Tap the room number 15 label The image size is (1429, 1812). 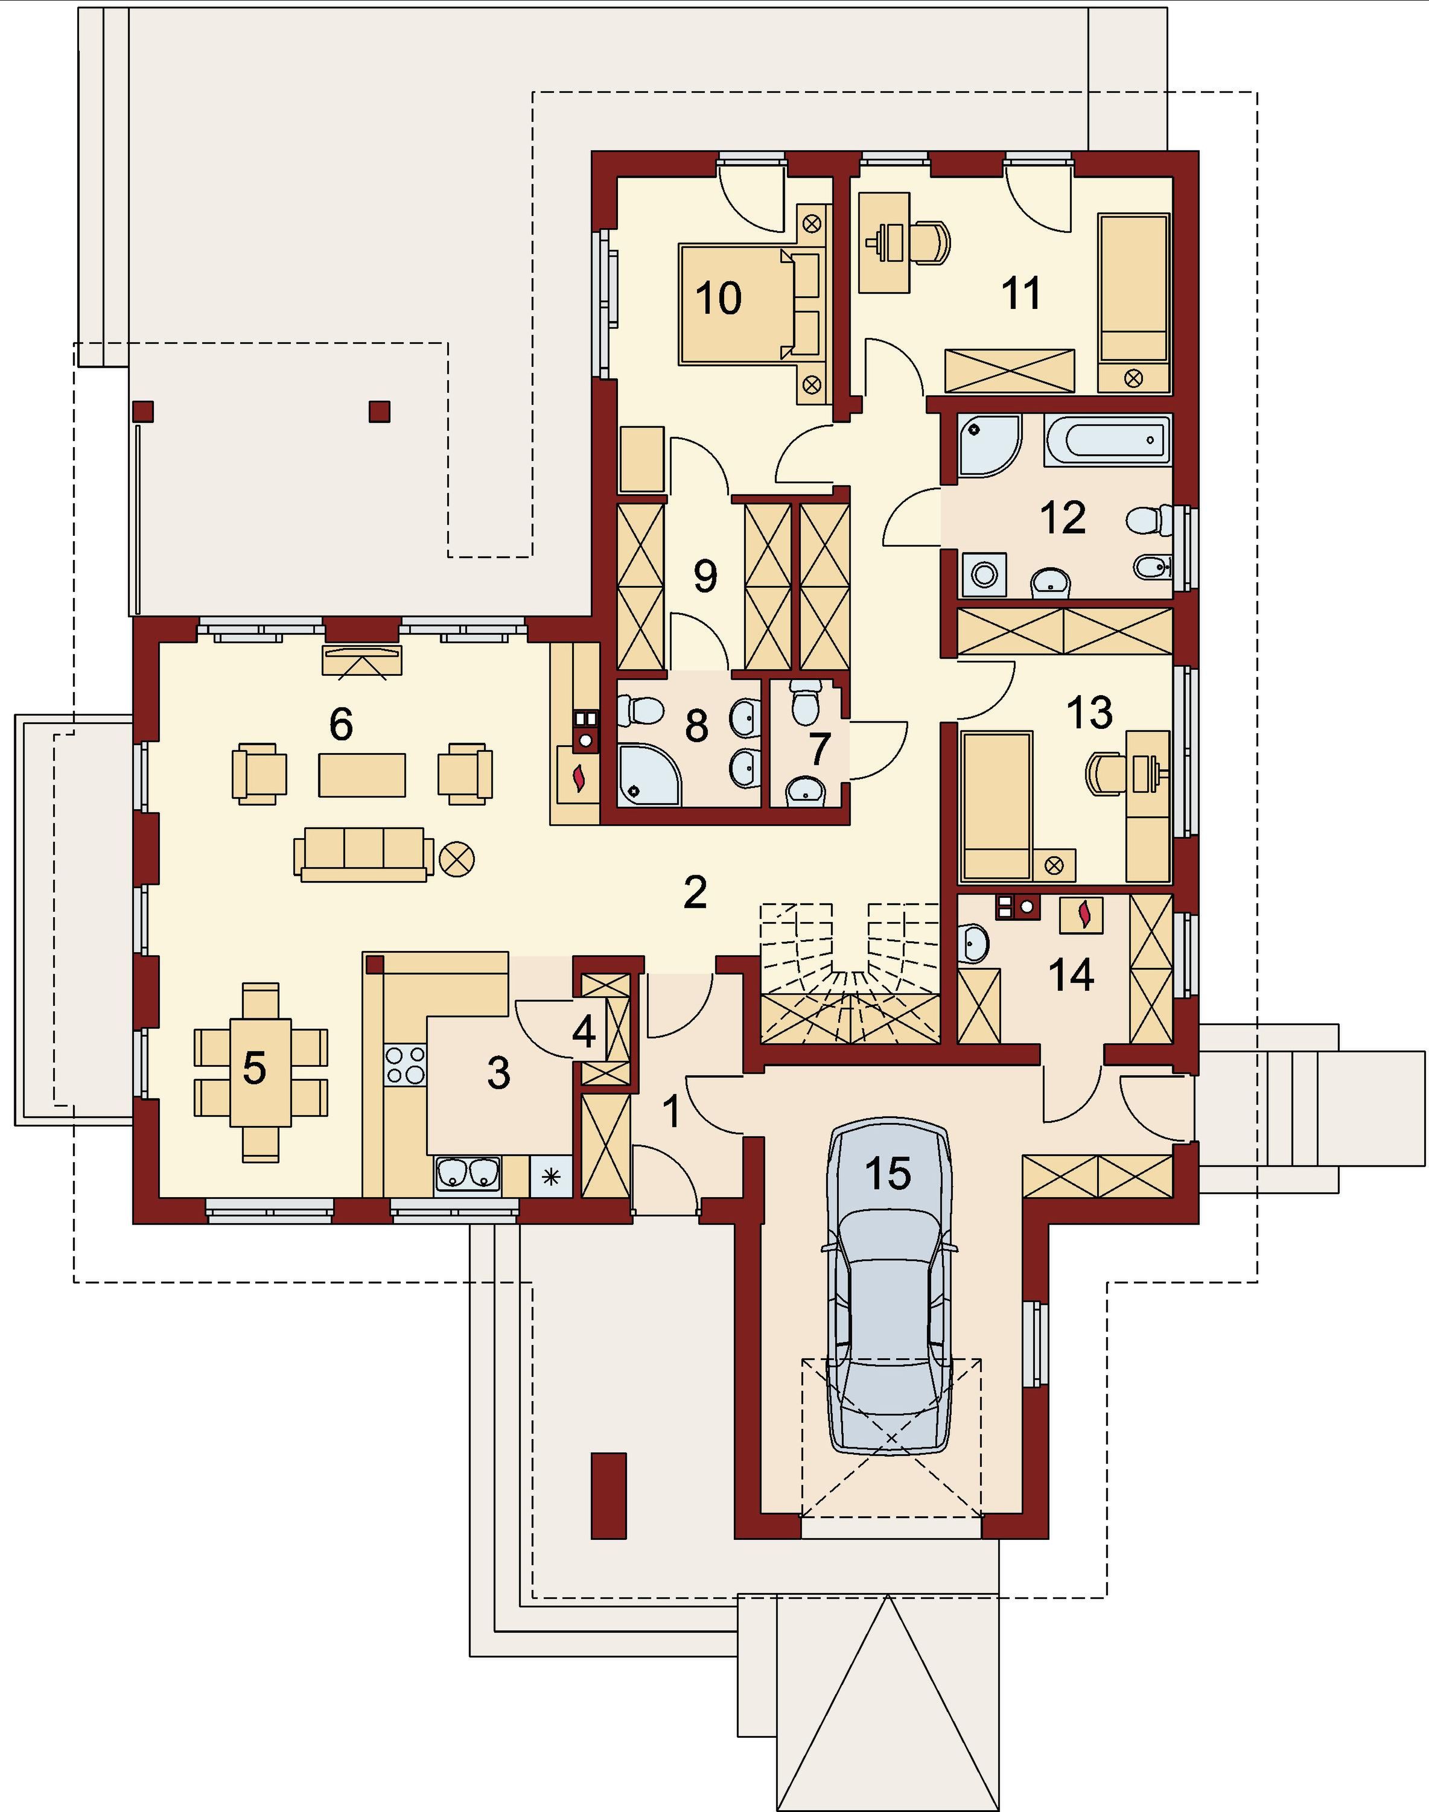point(888,1173)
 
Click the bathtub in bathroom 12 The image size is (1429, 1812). point(1107,440)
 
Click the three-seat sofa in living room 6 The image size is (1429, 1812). point(363,854)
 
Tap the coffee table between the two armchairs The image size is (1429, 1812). point(362,775)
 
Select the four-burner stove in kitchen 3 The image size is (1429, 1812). point(405,1066)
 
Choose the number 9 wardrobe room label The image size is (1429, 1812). point(705,576)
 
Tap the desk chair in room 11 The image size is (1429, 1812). point(933,243)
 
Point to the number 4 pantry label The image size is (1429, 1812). point(583,1032)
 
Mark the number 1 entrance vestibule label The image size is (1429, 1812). point(671,1113)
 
